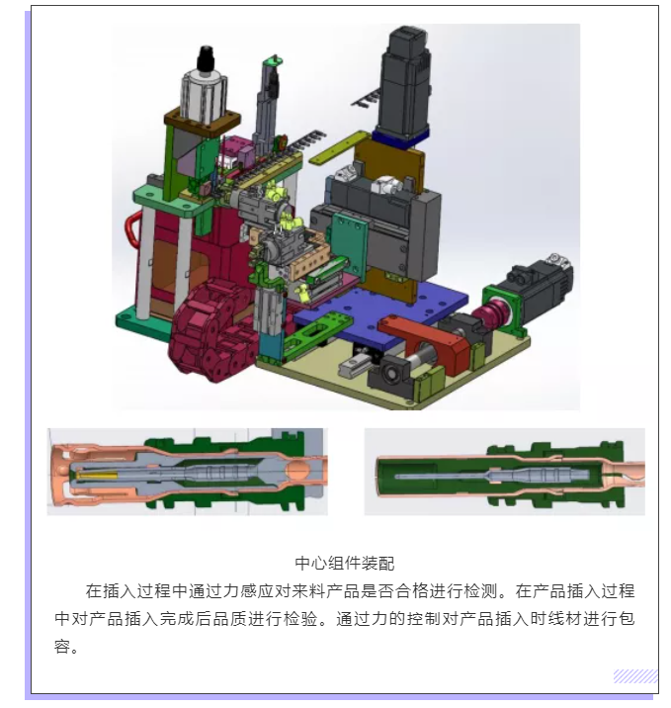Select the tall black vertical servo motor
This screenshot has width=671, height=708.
point(405,84)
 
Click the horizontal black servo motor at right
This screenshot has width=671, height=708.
point(537,284)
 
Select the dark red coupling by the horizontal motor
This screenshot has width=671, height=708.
point(488,315)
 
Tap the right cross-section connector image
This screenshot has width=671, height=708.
point(504,472)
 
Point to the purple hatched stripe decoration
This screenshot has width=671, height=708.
point(634,676)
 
